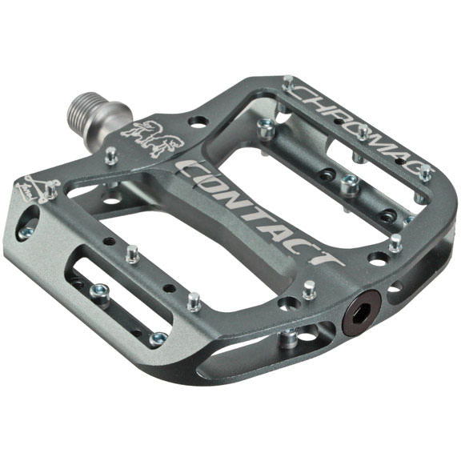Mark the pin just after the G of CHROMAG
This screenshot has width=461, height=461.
(x=426, y=173)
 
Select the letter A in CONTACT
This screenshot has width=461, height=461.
(x=283, y=226)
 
